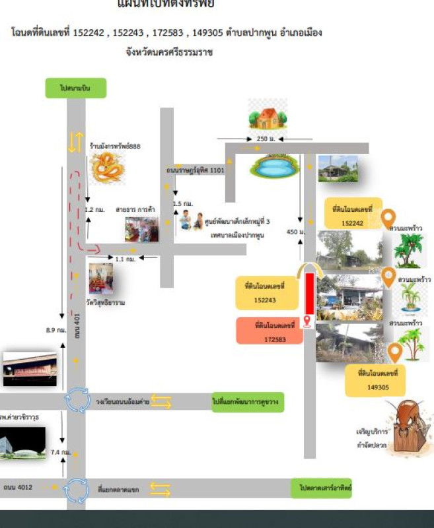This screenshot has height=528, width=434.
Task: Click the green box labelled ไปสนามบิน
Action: point(75,88)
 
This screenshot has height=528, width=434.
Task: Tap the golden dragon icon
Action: point(106,168)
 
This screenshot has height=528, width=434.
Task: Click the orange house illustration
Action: point(268,116)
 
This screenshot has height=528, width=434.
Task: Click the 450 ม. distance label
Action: point(295,232)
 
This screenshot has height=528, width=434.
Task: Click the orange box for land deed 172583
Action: point(270,331)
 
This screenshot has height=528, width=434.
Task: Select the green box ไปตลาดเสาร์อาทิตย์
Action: point(322,488)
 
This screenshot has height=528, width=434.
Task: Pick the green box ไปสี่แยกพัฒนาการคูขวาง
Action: point(248,401)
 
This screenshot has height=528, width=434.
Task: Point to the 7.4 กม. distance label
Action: point(60,453)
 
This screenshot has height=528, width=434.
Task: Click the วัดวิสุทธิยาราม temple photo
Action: point(101,279)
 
